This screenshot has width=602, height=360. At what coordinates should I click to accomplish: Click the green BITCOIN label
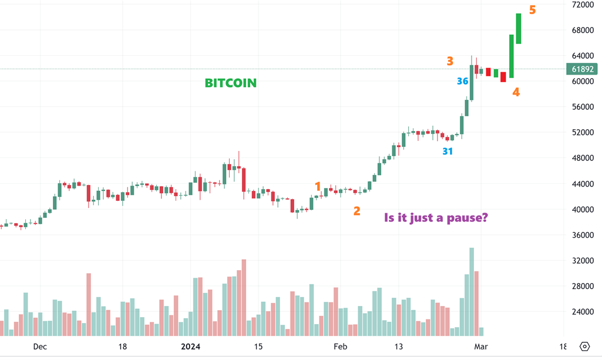pyautogui.click(x=230, y=83)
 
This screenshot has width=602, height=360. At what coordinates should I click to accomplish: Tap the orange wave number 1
pyautogui.click(x=318, y=187)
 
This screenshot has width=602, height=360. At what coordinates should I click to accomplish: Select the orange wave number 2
pyautogui.click(x=357, y=210)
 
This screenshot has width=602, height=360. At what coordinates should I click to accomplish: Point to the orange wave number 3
pyautogui.click(x=449, y=60)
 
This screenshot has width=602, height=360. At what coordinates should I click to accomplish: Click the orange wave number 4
pyautogui.click(x=516, y=92)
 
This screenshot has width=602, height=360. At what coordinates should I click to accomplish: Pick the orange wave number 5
pyautogui.click(x=532, y=9)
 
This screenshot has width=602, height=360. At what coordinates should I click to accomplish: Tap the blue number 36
pyautogui.click(x=463, y=81)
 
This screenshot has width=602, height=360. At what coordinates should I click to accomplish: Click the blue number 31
pyautogui.click(x=448, y=151)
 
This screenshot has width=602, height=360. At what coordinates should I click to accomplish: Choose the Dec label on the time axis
pyautogui.click(x=40, y=346)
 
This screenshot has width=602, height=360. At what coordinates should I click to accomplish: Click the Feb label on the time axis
pyautogui.click(x=341, y=346)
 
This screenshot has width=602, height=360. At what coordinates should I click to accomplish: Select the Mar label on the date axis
pyautogui.click(x=481, y=346)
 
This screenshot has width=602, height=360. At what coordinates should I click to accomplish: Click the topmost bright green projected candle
pyautogui.click(x=519, y=28)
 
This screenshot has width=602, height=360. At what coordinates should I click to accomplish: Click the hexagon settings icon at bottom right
pyautogui.click(x=584, y=346)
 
